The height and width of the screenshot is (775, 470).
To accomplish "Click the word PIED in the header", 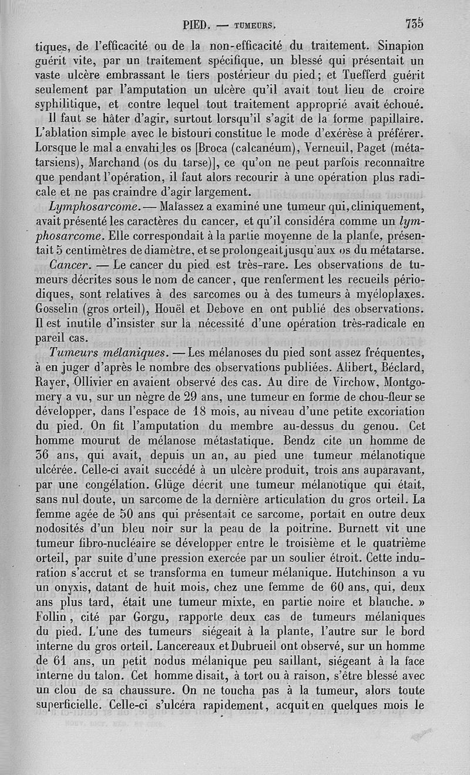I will click(x=195, y=25).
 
